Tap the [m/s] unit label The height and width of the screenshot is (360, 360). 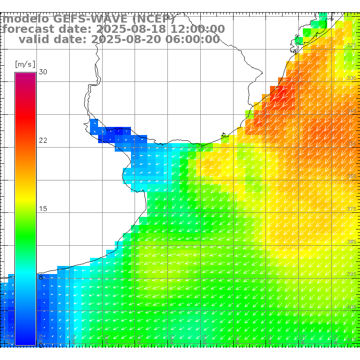tap(25, 64)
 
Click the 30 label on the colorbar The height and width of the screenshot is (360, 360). tap(43, 72)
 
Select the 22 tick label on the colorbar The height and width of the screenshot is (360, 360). tap(43, 140)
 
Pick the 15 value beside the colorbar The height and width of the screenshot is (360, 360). tap(43, 209)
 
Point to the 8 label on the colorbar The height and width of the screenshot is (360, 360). tap(40, 277)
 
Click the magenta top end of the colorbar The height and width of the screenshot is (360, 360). tap(25, 76)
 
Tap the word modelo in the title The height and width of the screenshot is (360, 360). tap(26, 19)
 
